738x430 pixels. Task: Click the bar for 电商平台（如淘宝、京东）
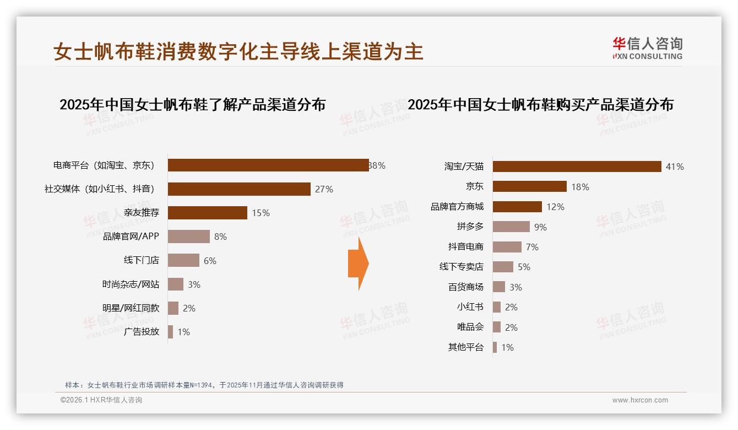pyautogui.click(x=268, y=165)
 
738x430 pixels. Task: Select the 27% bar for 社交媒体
pyautogui.click(x=239, y=189)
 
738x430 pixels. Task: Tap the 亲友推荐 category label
pyautogui.click(x=142, y=213)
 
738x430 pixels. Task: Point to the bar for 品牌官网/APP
pyautogui.click(x=189, y=237)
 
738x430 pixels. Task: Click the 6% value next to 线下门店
pyautogui.click(x=210, y=261)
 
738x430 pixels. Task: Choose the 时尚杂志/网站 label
pyautogui.click(x=131, y=284)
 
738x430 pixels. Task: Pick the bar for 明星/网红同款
pyautogui.click(x=173, y=308)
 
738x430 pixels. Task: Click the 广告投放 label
pyautogui.click(x=142, y=332)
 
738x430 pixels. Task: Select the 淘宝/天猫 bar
pyautogui.click(x=577, y=166)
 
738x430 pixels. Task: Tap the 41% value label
pyautogui.click(x=675, y=166)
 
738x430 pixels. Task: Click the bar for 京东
pyautogui.click(x=529, y=186)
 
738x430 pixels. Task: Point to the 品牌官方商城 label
pyautogui.click(x=457, y=207)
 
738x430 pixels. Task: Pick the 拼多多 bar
pyautogui.click(x=511, y=227)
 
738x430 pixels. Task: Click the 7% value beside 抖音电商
pyautogui.click(x=532, y=247)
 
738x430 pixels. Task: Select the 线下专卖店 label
pyautogui.click(x=462, y=267)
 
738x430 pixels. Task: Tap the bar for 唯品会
pyautogui.click(x=497, y=327)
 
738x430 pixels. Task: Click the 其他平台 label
pyautogui.click(x=466, y=347)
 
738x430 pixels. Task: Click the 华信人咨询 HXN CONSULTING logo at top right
pyautogui.click(x=647, y=48)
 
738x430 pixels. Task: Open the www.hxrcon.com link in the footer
pyautogui.click(x=640, y=400)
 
